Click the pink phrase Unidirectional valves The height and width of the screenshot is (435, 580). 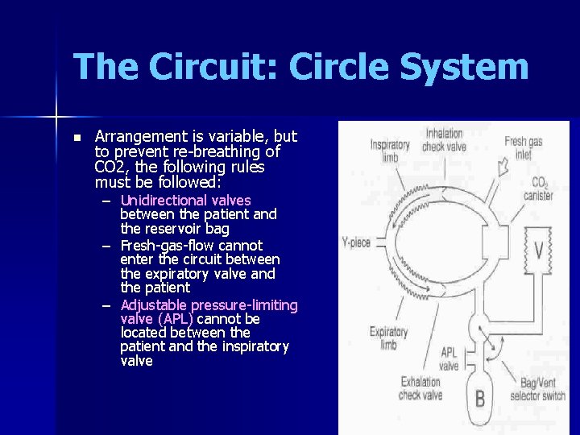[x=185, y=200]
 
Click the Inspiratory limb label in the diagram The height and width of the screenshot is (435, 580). [x=390, y=151]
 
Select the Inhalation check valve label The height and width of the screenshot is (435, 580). [x=444, y=139]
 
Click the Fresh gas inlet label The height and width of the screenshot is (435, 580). [x=523, y=147]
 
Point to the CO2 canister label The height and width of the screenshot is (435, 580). [x=536, y=188]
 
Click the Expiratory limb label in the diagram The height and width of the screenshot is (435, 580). [x=388, y=338]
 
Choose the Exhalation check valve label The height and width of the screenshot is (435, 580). [x=420, y=388]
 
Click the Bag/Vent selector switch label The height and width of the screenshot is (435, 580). [x=538, y=389]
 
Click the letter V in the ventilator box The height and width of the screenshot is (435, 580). [x=538, y=250]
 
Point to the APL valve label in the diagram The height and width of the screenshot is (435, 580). [x=449, y=358]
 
